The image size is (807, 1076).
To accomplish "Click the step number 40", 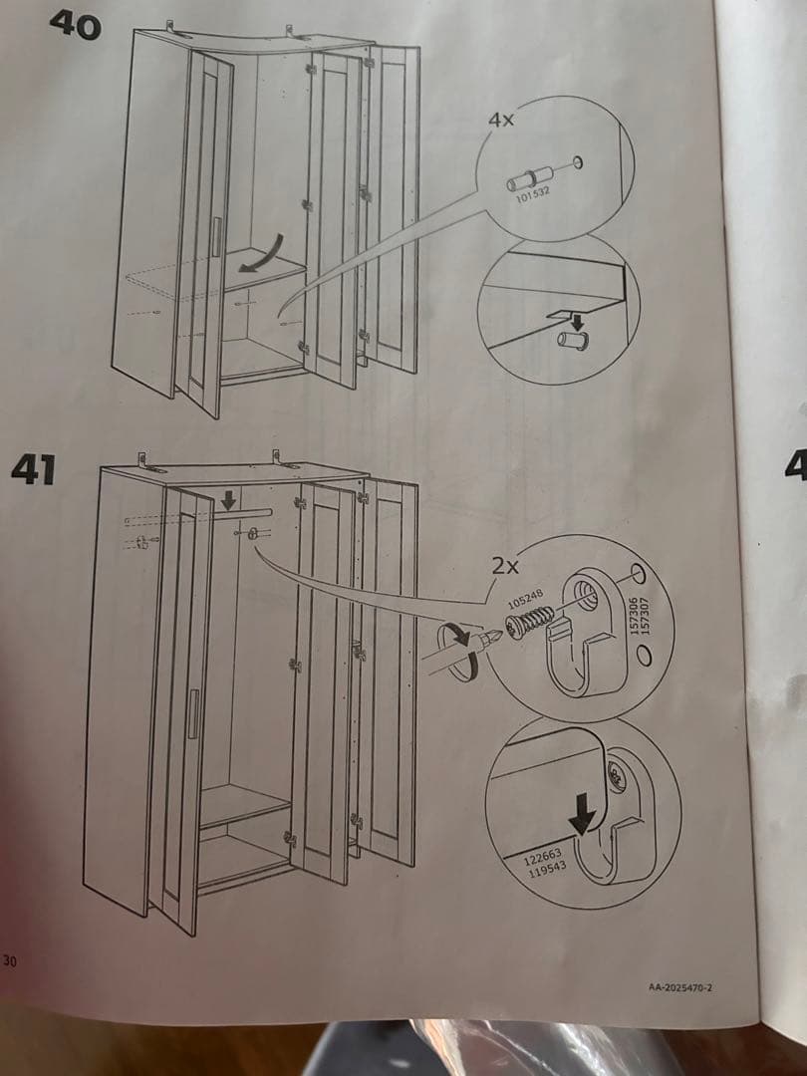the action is click(76, 25).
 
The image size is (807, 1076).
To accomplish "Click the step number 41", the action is click(34, 470).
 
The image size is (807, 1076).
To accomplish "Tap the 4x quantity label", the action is click(501, 120).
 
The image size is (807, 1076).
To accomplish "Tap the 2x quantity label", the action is click(506, 566).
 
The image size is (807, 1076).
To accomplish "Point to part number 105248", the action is click(526, 599).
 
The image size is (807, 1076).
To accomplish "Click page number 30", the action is click(9, 960).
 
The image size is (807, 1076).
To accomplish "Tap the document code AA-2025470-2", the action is click(680, 987).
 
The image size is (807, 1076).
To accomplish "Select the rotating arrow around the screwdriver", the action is click(458, 650).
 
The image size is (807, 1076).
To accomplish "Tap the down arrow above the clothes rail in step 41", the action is click(228, 499).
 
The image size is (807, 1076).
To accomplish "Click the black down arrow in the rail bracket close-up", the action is click(583, 813).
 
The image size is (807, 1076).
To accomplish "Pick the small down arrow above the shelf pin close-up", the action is click(580, 322).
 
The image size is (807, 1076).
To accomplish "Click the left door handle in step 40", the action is click(217, 237).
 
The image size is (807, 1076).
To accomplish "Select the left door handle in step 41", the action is click(193, 713).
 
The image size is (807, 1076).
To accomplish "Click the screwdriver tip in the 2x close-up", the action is click(495, 636).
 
